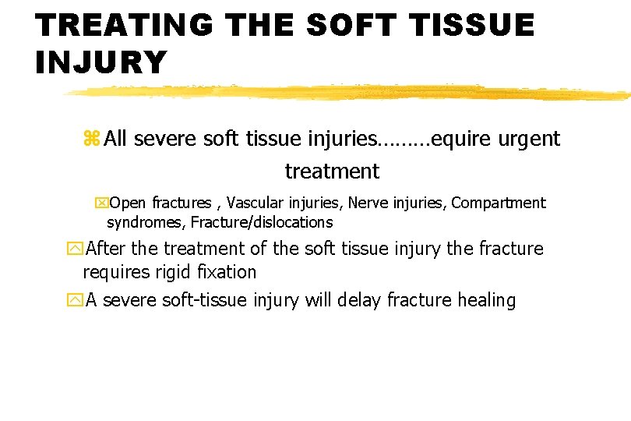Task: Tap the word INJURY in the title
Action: pos(100,62)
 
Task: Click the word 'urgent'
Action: pos(529,139)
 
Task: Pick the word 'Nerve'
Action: pos(367,203)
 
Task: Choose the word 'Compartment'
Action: pos(499,203)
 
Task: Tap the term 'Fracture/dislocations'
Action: pos(261,222)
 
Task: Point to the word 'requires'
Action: pos(114,272)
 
